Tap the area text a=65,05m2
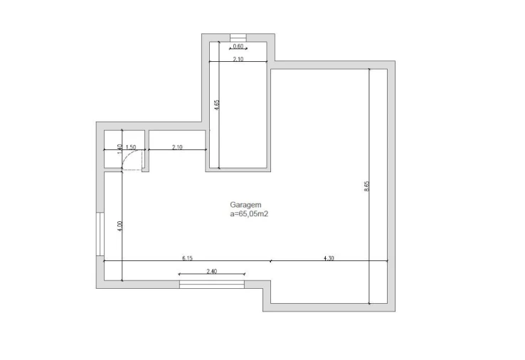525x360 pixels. point(249,214)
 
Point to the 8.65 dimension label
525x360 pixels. point(366,186)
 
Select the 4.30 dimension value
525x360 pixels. point(329,258)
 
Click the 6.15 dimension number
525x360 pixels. point(187,258)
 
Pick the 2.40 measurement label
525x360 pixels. point(211,271)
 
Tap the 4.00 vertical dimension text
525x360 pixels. point(120,226)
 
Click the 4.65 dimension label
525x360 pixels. point(217,105)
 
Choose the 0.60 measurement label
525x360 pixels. point(238,46)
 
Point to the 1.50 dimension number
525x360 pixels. point(131,147)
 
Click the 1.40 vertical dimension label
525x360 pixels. point(120,149)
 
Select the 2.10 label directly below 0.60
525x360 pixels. point(238,59)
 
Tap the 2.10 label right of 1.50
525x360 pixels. point(177,147)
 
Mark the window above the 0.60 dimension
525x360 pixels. point(238,38)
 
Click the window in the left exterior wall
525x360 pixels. point(100,234)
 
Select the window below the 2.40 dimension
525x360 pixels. point(212,285)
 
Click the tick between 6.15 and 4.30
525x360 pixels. point(270,261)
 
